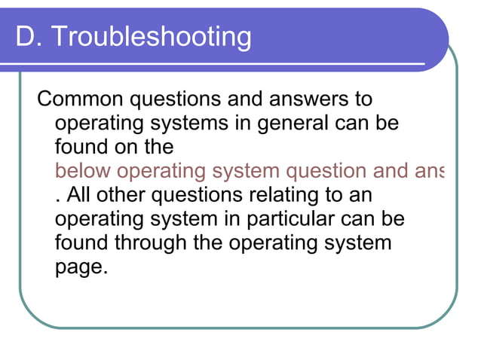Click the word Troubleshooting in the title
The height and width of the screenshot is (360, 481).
[x=151, y=36]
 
